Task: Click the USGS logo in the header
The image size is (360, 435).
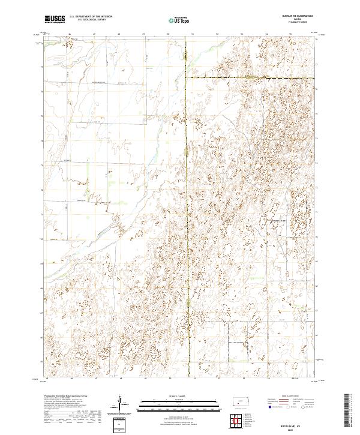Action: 55,20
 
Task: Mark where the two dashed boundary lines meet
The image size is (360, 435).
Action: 185,78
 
